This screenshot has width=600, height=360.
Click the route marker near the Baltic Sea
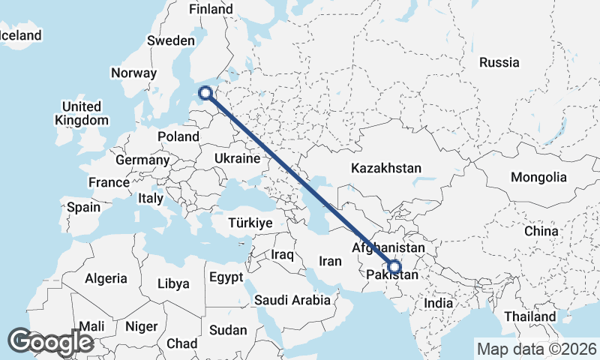click(205, 94)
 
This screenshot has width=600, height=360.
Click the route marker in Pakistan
click(394, 265)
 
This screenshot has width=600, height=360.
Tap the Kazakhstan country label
click(385, 168)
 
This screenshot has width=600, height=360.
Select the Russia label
click(499, 62)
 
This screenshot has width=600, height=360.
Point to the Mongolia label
click(538, 177)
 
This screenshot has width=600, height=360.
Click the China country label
click(541, 231)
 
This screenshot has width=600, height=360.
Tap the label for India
click(439, 303)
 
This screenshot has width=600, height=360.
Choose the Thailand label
click(529, 316)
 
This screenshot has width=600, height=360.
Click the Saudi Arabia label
click(292, 300)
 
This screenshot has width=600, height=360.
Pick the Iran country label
click(330, 261)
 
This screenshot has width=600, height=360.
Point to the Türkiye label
click(250, 223)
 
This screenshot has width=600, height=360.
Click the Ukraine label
click(237, 158)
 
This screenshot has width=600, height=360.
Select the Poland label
click(178, 136)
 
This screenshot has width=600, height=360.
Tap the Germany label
click(142, 160)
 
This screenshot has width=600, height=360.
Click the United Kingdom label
click(82, 112)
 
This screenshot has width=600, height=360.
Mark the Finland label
click(211, 9)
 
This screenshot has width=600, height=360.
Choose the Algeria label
click(106, 278)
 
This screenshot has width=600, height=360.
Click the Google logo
click(50, 342)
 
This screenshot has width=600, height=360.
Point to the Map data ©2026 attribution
click(537, 349)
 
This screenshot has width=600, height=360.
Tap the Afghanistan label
click(388, 247)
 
